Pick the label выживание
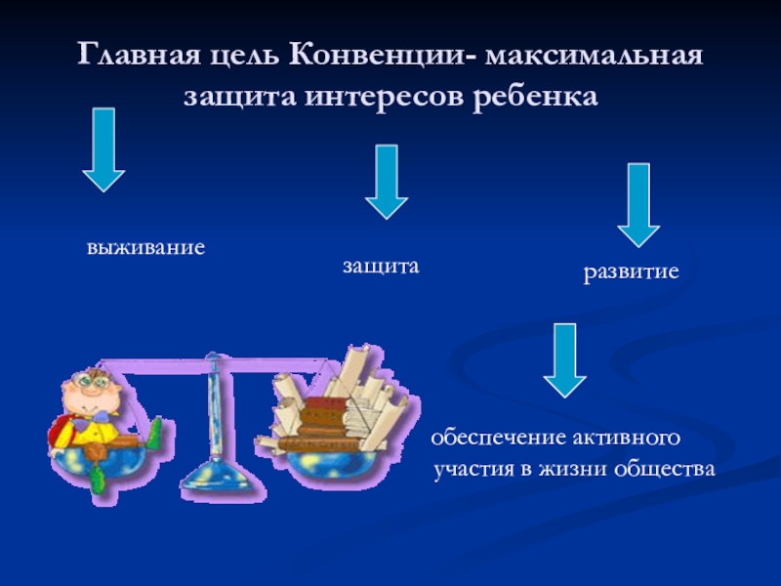click(x=145, y=246)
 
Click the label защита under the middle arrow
click(x=381, y=266)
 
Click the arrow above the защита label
click(x=386, y=181)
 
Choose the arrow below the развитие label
click(x=564, y=359)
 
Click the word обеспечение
click(x=494, y=436)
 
